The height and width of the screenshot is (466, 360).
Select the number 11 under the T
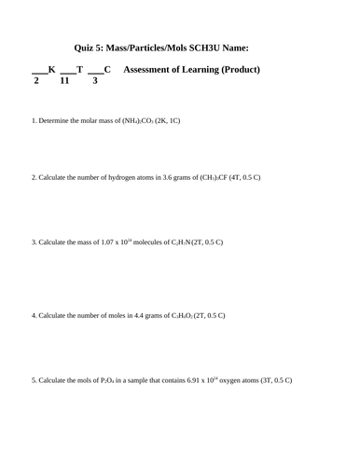click(x=64, y=81)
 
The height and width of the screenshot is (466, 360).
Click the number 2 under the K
click(x=36, y=81)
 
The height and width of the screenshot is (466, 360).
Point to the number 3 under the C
click(x=94, y=81)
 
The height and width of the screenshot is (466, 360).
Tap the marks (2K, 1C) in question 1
click(x=168, y=121)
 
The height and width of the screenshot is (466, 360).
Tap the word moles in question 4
click(x=116, y=316)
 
